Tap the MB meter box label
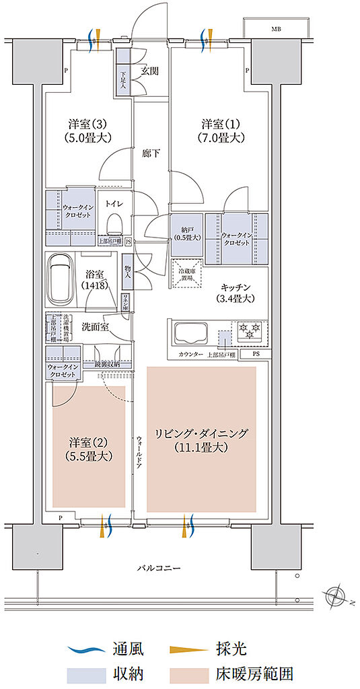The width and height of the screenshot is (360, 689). click(x=276, y=30)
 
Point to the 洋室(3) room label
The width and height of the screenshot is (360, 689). click(x=89, y=131)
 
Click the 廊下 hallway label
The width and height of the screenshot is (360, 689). click(x=151, y=153)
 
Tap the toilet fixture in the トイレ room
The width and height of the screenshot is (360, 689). click(x=114, y=221)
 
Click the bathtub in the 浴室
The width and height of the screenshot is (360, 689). click(x=61, y=275)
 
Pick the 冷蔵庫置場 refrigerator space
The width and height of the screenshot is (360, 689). click(x=186, y=274)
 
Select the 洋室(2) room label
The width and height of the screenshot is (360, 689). click(x=89, y=449)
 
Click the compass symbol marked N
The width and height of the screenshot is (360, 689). click(x=334, y=597)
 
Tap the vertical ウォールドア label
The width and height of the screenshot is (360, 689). click(x=139, y=452)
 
